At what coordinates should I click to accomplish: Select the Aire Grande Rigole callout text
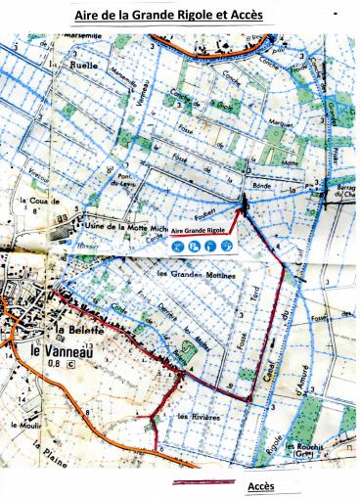[199, 231]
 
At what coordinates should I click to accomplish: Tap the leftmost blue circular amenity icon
[178, 246]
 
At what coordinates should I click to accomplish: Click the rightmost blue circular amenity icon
[226, 246]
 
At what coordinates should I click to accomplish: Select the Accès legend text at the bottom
[261, 484]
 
